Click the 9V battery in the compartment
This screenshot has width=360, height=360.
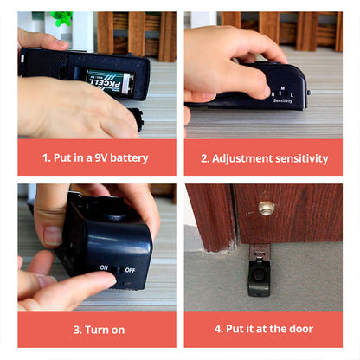coord(108,82)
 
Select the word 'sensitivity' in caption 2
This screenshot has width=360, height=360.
coord(299,157)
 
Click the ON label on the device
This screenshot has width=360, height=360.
coord(104,267)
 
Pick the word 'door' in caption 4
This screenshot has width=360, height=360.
coord(299,329)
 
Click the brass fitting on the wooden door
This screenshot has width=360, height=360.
coord(266,208)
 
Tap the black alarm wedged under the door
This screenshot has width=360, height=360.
coord(258,275)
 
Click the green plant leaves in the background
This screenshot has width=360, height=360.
coord(61,18)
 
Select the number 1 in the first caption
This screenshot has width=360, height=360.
coord(46,157)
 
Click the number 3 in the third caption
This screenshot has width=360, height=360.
coord(78,329)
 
